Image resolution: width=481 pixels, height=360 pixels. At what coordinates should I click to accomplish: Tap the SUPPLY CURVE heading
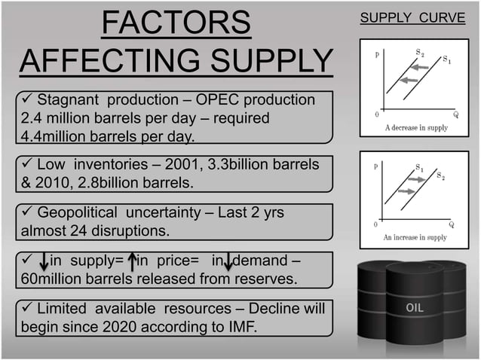click(x=413, y=17)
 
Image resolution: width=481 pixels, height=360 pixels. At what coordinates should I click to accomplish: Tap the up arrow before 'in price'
click(x=132, y=262)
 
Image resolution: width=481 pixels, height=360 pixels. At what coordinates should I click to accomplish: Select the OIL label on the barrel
click(x=415, y=308)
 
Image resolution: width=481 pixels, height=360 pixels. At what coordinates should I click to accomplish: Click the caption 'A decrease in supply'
click(x=415, y=127)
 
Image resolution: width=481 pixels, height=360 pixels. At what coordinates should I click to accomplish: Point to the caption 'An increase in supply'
click(x=415, y=237)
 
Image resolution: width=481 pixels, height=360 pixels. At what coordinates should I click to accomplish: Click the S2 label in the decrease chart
click(x=419, y=52)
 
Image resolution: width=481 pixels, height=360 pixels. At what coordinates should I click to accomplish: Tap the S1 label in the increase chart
click(x=419, y=166)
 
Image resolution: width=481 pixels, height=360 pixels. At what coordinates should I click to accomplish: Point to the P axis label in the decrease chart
click(x=376, y=54)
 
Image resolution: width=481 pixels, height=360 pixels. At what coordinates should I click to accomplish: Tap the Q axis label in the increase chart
click(x=452, y=224)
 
